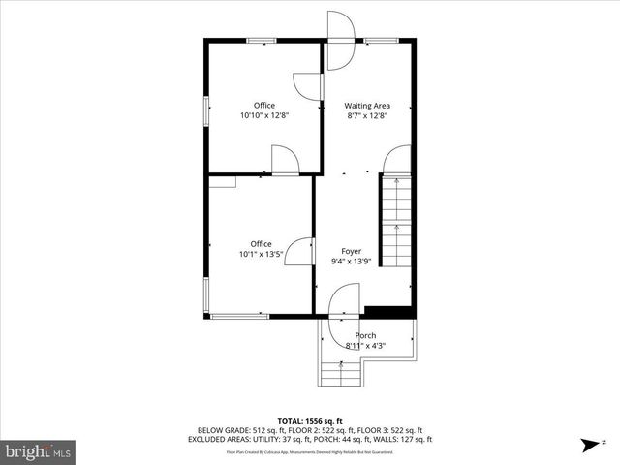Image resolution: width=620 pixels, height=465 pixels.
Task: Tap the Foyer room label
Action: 351,251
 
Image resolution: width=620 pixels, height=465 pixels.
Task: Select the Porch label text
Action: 365,335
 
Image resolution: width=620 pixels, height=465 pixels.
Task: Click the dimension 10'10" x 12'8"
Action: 264,115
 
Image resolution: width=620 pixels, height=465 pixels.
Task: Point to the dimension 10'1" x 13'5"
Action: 261,255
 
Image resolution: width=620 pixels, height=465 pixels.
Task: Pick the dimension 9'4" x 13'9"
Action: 351,261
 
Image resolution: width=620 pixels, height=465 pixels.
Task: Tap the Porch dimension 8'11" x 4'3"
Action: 365,345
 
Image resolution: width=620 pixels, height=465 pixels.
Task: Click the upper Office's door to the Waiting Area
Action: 306,85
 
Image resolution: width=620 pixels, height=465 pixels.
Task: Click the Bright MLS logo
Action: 39,450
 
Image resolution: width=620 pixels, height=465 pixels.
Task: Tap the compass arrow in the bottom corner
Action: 589,446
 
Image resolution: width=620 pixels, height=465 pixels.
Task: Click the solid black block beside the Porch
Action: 387,312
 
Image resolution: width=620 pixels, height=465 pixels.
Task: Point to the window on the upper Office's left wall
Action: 205,109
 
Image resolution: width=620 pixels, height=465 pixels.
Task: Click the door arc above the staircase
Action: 397,160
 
